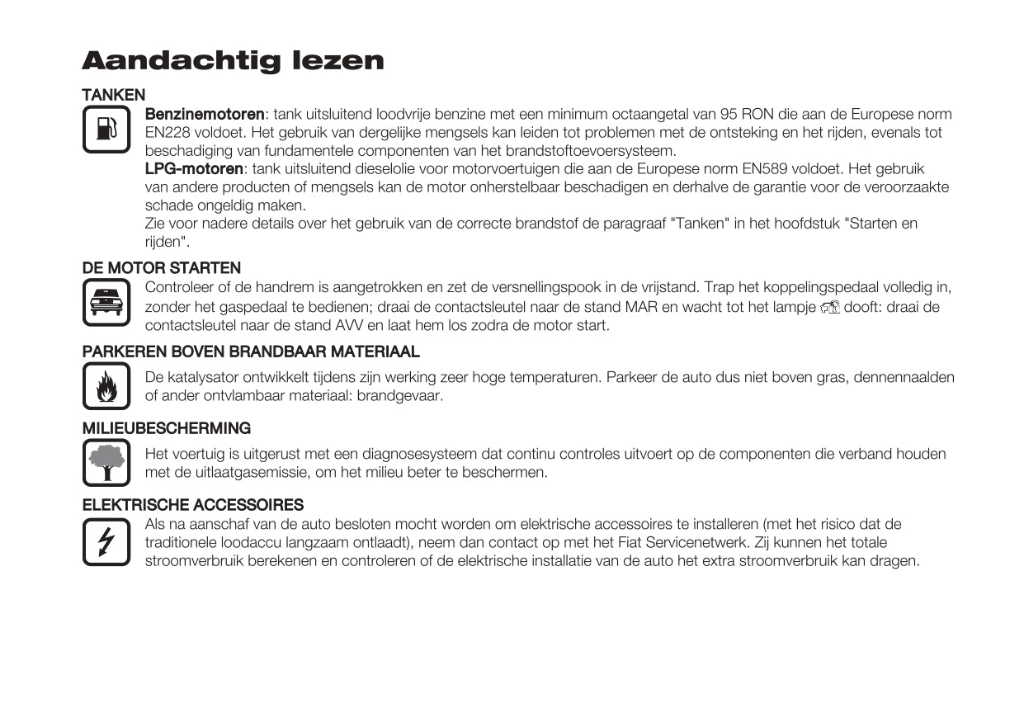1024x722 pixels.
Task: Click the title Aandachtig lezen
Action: (233, 61)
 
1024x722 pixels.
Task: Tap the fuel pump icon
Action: (106, 130)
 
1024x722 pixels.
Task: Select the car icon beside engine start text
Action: (106, 303)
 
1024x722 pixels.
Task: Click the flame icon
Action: (106, 386)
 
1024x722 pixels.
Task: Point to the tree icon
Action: (106, 462)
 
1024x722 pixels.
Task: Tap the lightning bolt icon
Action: (106, 542)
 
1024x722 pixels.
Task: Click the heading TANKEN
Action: (114, 95)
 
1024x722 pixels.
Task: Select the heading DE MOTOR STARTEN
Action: (162, 268)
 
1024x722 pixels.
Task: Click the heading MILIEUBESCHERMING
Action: (167, 428)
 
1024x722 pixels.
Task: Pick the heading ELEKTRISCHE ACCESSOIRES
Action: (193, 505)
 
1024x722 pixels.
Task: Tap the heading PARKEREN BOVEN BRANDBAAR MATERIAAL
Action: (251, 352)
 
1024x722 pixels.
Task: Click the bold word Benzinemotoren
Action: (205, 114)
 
